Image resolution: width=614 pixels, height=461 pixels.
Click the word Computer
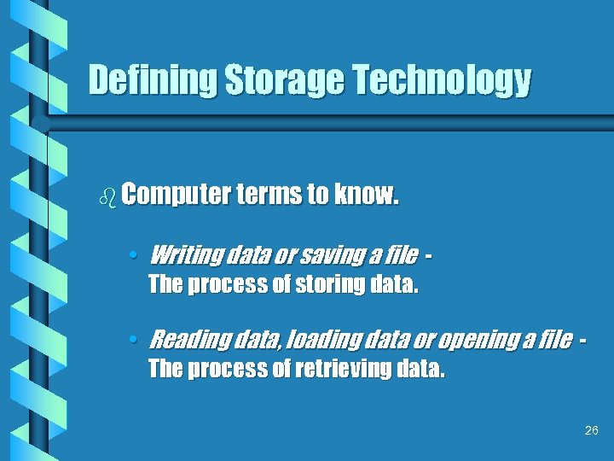tap(175, 196)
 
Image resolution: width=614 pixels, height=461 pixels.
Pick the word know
tap(366, 195)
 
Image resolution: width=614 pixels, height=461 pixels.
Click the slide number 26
tap(592, 431)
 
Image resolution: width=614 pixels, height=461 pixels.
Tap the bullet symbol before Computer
tap(107, 197)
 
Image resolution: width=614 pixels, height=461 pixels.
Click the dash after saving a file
tap(427, 254)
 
